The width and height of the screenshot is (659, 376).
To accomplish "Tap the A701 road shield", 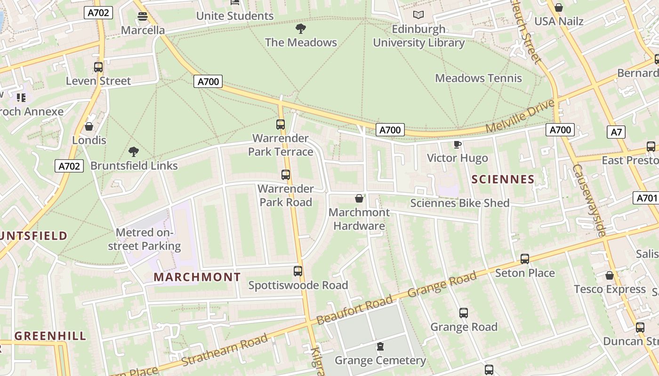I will coord(646,198).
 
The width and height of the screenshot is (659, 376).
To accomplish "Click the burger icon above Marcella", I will coord(143,16).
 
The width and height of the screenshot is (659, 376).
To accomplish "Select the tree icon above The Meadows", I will coord(301,29).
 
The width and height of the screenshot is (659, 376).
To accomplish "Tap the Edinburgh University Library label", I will coord(419,36).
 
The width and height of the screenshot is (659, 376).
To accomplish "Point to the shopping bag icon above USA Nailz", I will coord(559,8).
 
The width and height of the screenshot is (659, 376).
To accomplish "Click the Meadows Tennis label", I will coord(478,78).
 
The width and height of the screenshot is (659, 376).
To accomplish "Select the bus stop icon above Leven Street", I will coord(98,67).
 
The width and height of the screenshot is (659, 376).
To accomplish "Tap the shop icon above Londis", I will coord(89,126).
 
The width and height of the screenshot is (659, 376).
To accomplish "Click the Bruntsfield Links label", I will coord(134,165).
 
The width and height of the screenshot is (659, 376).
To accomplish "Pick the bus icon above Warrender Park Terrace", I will coord(281,125).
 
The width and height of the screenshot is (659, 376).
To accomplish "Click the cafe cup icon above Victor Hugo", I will coord(457,144).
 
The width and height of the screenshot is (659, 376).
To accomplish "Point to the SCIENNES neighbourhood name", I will coord(503,179).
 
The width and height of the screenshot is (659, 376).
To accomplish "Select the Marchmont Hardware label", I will coord(359,219).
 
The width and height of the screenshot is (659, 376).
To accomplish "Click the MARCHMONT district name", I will coord(197,277).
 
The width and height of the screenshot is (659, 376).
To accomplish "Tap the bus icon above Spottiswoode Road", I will coord(298,271).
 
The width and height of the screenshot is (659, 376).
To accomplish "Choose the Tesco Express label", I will coord(610,289).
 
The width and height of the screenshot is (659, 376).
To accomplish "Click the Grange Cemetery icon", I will coord(380,347).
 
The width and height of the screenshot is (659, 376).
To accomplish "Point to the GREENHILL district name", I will coord(50,336).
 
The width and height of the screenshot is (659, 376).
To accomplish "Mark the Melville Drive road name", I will coord(520,116).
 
